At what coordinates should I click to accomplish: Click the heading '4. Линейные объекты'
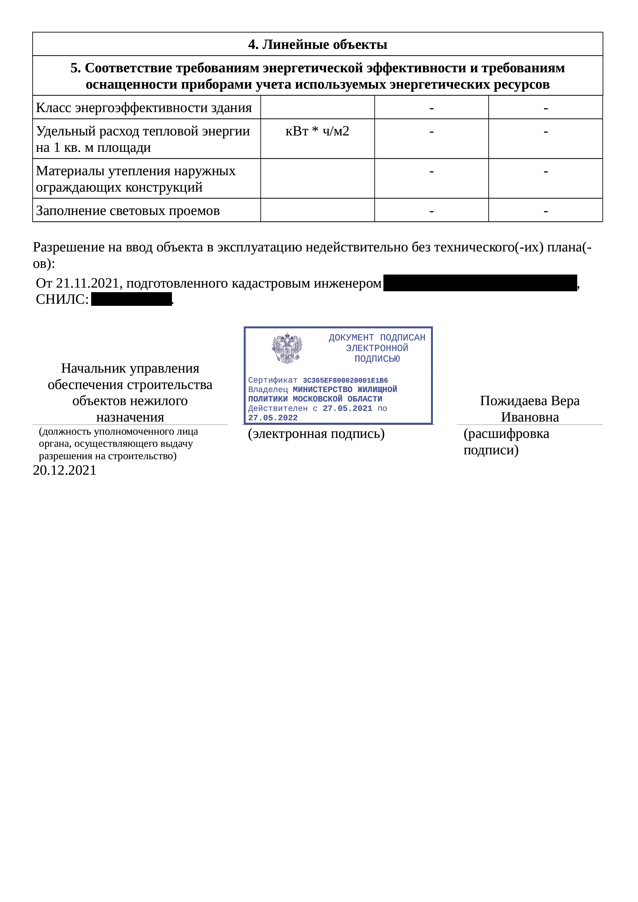pyautogui.click(x=317, y=44)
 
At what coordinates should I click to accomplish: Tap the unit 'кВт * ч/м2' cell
pyautogui.click(x=317, y=131)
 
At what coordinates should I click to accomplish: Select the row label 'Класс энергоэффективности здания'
pyautogui.click(x=144, y=108)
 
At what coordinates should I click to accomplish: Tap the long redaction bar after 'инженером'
pyautogui.click(x=480, y=283)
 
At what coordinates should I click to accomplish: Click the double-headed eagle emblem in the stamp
pyautogui.click(x=287, y=348)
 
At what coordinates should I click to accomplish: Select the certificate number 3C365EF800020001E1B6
pyautogui.click(x=345, y=380)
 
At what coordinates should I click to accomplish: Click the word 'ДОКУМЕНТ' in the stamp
pyautogui.click(x=351, y=337)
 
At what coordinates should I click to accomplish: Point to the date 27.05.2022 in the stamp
pyautogui.click(x=273, y=418)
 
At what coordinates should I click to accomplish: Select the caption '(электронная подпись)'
pyautogui.click(x=316, y=434)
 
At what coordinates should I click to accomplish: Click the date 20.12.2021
pyautogui.click(x=65, y=470)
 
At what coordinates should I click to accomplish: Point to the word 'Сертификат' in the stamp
pyautogui.click(x=273, y=380)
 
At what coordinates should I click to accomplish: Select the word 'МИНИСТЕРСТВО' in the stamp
pyautogui.click(x=322, y=389)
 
